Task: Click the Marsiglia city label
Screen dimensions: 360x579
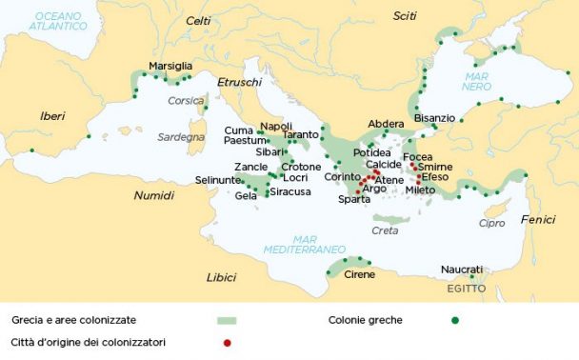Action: coord(170,66)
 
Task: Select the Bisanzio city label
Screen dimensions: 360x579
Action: coord(434,118)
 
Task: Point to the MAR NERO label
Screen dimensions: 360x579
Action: coord(476,81)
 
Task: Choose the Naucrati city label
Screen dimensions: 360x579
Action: coord(462,270)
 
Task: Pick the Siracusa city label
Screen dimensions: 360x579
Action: coord(289,191)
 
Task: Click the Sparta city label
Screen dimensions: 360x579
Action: coord(353,199)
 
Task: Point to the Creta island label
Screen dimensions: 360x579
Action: coord(385,230)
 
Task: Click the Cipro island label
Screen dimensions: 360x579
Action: coord(491,223)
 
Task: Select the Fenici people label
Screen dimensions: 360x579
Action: coord(538,219)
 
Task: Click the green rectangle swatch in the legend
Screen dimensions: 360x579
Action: coord(226,320)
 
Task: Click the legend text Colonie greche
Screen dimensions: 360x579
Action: coord(365,320)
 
